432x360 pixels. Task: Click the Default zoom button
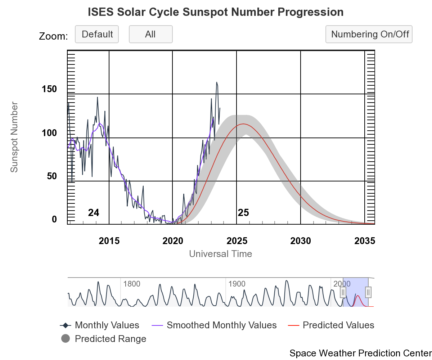pos(97,35)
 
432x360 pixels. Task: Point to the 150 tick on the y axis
pos(50,89)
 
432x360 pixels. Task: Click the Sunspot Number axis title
pos(14,137)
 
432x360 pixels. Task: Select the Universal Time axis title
pos(220,254)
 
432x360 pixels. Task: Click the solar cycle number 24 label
pos(94,213)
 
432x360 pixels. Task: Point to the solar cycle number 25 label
pos(243,213)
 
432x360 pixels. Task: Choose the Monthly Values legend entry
pos(107,325)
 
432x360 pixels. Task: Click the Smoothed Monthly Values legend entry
pos(221,325)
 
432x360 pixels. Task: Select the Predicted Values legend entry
pos(338,325)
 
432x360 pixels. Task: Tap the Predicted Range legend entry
pos(110,339)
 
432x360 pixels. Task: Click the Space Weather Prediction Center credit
pos(360,353)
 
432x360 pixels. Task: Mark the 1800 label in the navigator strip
pos(132,284)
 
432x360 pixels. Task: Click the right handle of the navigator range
pos(368,292)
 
